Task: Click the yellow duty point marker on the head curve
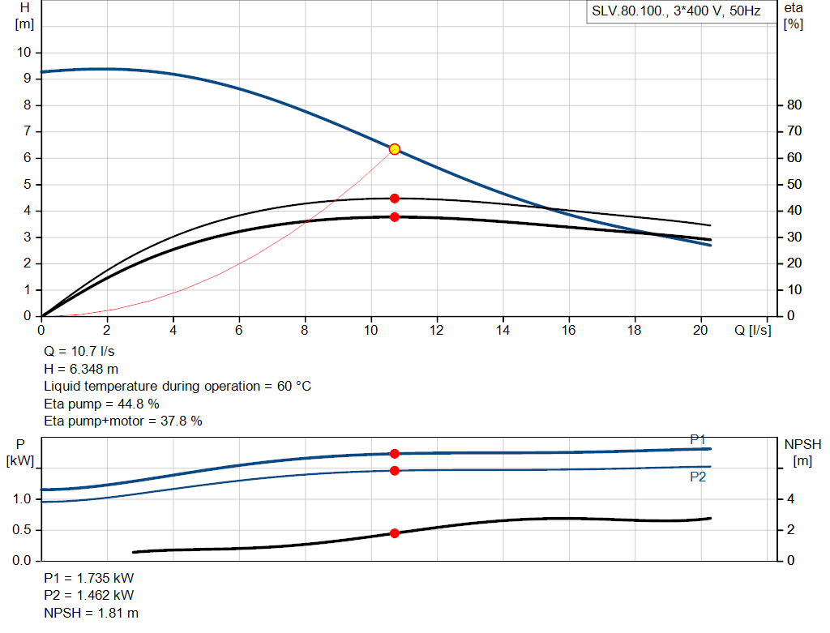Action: pyautogui.click(x=395, y=149)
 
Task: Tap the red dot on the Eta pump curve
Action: pyautogui.click(x=395, y=199)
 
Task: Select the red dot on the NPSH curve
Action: pyautogui.click(x=395, y=533)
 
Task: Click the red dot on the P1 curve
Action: pyautogui.click(x=395, y=454)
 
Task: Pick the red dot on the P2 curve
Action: pyautogui.click(x=395, y=471)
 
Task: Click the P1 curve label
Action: pyautogui.click(x=698, y=439)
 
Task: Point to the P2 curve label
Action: pyautogui.click(x=698, y=477)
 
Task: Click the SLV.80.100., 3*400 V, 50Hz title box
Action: pyautogui.click(x=676, y=12)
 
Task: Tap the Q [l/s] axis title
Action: pyautogui.click(x=753, y=330)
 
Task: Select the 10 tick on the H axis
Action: pyautogui.click(x=24, y=53)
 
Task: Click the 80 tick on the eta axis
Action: pyautogui.click(x=794, y=105)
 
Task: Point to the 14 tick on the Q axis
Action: pyautogui.click(x=503, y=330)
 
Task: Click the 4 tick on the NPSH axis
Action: pyautogui.click(x=791, y=499)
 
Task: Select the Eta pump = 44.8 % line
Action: pyautogui.click(x=101, y=404)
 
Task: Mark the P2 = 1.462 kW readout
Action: pyautogui.click(x=89, y=596)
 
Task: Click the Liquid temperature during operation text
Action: pyautogui.click(x=177, y=387)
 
